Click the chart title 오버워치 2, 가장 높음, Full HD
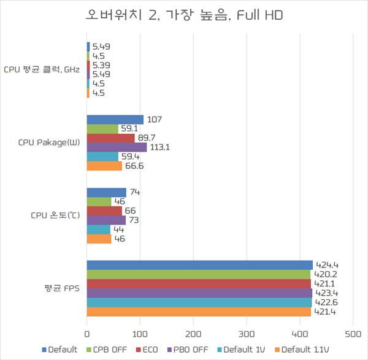coord(184,15)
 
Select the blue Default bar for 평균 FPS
coord(199,265)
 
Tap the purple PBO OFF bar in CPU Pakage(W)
coord(117,147)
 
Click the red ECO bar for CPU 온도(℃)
coord(104,210)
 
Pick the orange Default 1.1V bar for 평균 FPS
coord(199,312)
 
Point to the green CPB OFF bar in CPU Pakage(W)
coord(102,129)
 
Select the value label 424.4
coord(326,265)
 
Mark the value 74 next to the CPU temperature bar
coord(136,192)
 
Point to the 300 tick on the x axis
coord(247,335)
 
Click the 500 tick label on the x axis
coord(353,335)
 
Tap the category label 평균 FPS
coord(60,288)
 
